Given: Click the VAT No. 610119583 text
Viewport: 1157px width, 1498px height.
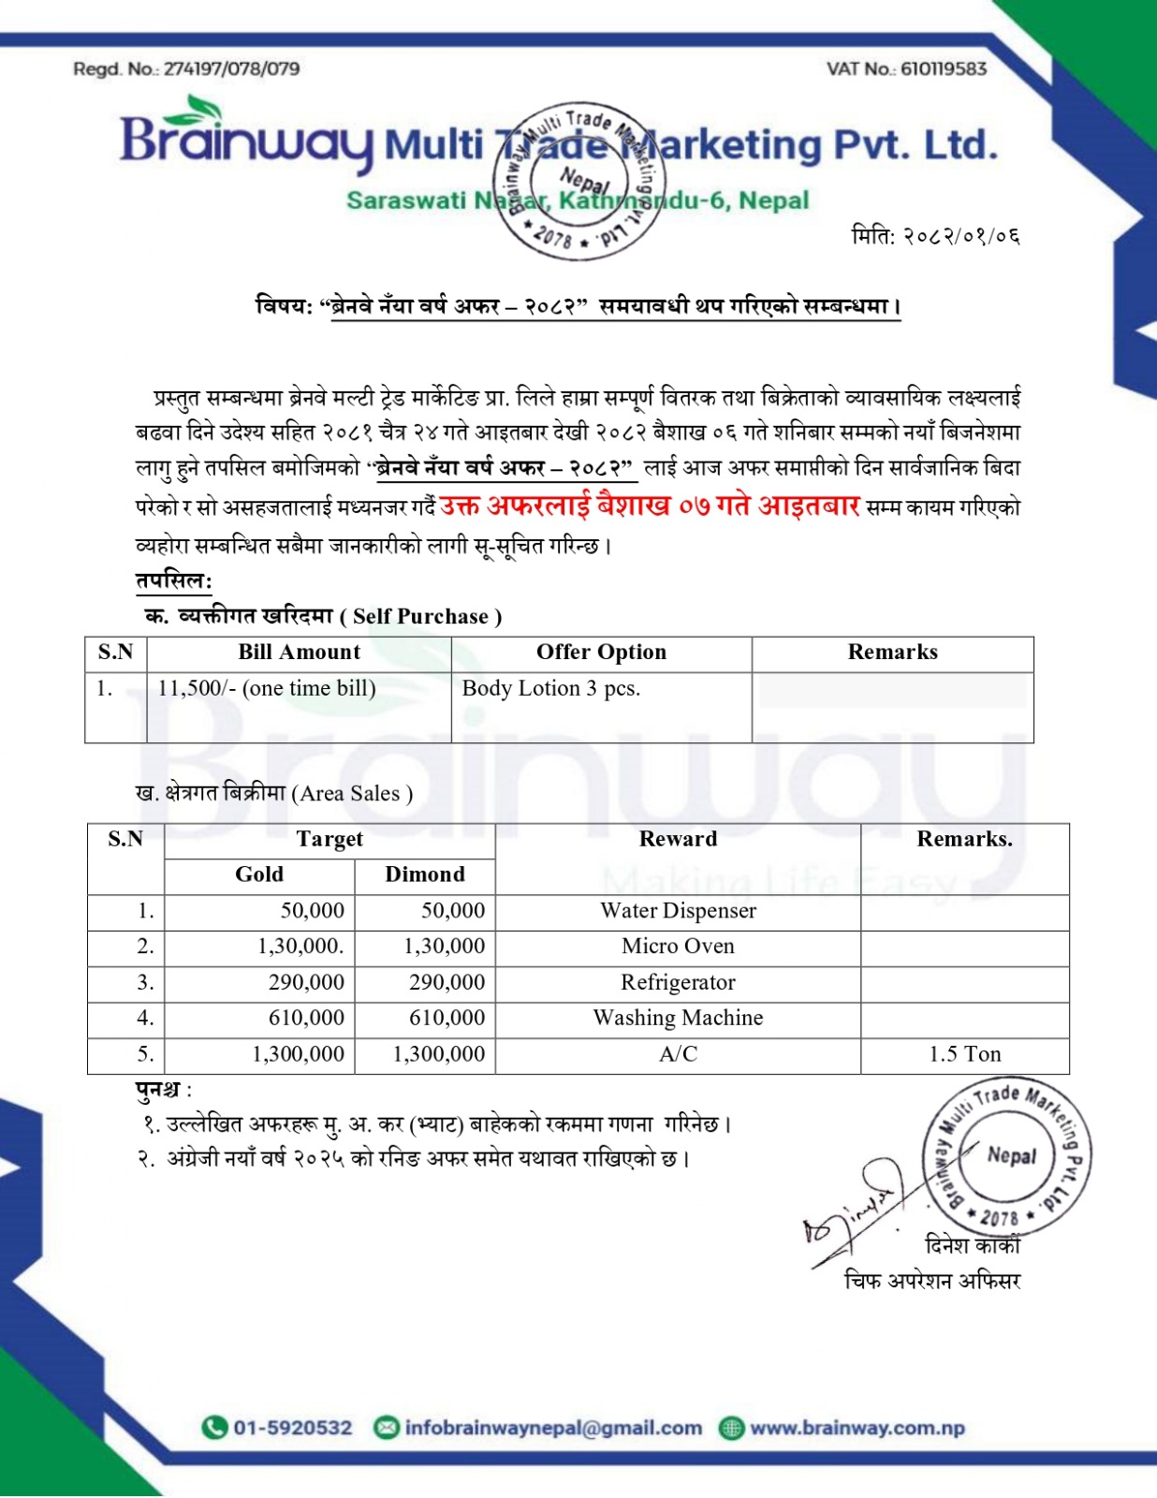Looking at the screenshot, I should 905,68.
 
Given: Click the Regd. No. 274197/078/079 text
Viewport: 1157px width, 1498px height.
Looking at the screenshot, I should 186,68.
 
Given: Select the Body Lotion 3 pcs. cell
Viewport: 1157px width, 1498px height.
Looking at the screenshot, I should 550,689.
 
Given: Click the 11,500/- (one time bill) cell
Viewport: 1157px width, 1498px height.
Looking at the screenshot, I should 267,689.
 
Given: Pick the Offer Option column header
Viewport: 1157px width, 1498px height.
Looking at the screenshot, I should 601,653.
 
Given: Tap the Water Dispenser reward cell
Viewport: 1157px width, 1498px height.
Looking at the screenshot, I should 678,911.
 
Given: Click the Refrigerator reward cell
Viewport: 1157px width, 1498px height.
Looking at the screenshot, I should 678,983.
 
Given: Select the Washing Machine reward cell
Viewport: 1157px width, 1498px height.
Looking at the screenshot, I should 678,1019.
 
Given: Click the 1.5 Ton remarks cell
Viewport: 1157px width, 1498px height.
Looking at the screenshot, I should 964,1054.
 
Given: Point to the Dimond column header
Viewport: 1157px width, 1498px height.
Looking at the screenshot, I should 424,874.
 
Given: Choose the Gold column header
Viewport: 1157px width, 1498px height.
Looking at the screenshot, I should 259,874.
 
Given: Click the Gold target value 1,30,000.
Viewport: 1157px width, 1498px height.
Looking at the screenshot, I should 300,947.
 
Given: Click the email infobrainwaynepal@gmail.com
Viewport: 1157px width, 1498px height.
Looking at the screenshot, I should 552,1428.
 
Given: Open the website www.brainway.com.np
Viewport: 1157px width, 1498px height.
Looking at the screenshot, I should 857,1428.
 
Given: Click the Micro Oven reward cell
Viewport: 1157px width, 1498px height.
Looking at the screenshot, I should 678,947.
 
